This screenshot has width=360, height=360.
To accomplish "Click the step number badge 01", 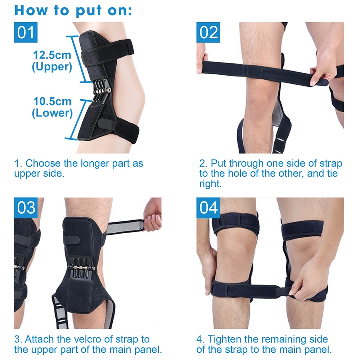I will click(26, 32).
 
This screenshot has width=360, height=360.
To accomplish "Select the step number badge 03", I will click(26, 208).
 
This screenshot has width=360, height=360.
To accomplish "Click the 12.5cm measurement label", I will click(52, 55).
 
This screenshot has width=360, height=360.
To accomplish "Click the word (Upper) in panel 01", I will click(52, 67).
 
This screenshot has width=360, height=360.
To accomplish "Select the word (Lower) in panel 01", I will click(52, 113).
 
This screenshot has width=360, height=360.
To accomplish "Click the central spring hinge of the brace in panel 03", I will click(82, 268).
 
